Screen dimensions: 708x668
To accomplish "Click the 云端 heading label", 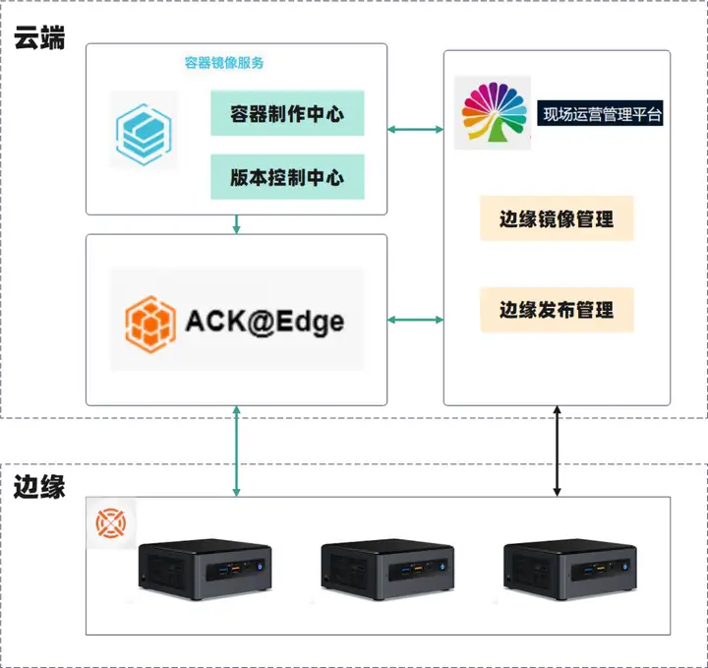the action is [39, 37].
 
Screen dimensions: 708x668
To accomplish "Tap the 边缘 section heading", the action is [39, 486].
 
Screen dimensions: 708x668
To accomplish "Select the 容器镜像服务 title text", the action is [224, 63].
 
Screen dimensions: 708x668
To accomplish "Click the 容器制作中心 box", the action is [287, 113].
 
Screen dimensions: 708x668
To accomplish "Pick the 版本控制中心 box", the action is [287, 177].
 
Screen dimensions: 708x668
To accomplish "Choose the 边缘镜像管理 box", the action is [557, 218].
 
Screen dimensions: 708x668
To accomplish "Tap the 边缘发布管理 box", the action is [557, 310].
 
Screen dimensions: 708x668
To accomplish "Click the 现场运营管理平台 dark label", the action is [600, 113].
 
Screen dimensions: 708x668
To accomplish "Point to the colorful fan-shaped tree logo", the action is [493, 112].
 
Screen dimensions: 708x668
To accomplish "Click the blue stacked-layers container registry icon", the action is [144, 134].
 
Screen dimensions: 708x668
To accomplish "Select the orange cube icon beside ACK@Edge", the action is [150, 324].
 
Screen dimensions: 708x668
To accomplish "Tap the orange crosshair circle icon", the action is [110, 523].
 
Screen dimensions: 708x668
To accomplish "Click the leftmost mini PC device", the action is [205, 569].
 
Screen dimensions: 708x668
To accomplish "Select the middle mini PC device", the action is [387, 569].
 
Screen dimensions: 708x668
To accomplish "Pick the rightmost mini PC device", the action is [569, 569].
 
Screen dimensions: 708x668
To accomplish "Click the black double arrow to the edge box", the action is [558, 451].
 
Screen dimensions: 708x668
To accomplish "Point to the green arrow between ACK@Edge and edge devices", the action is [236, 451].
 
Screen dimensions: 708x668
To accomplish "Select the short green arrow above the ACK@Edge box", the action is [236, 224].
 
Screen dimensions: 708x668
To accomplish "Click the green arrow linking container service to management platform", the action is [415, 130].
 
